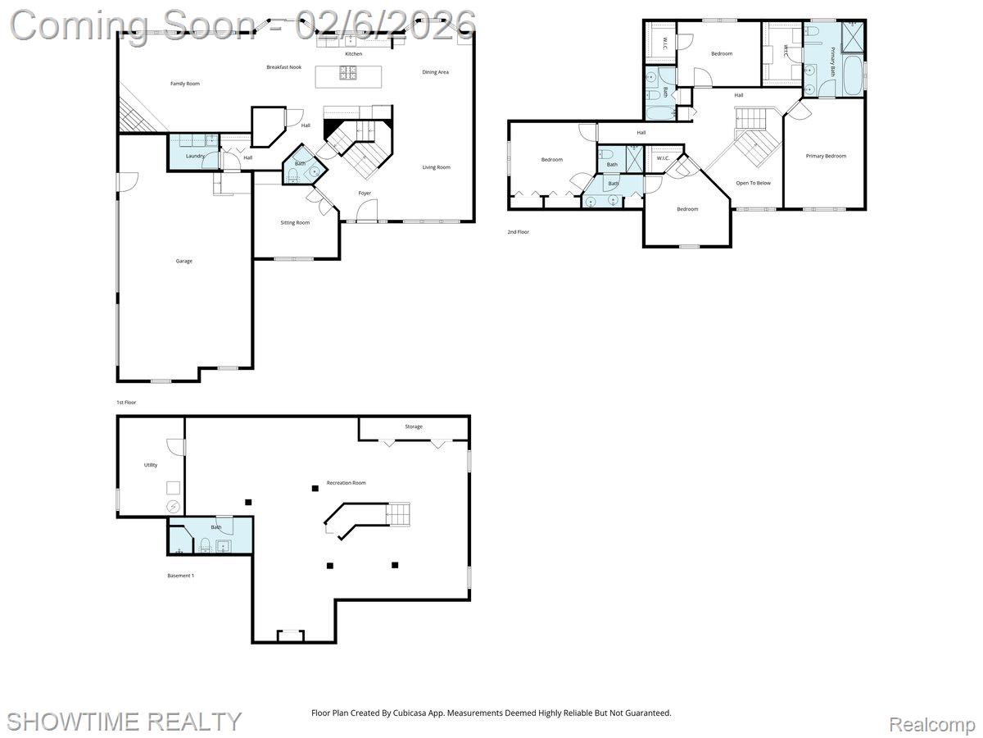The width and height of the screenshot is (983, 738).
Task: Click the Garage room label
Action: [184, 261]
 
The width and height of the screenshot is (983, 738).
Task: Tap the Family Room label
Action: [185, 84]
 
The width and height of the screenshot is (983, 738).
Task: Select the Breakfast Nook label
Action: [283, 67]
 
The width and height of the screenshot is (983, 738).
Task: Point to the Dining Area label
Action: [435, 72]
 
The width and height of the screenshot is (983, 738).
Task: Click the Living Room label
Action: [436, 167]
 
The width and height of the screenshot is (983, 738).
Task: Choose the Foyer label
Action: [365, 194]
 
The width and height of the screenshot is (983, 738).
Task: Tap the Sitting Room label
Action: [295, 222]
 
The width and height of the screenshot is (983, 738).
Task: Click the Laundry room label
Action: [195, 156]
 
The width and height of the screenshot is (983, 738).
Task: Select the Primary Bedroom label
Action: [826, 156]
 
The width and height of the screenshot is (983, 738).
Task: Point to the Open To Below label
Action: [753, 183]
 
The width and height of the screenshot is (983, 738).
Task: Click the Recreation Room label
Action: [346, 483]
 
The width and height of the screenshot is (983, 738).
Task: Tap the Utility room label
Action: [151, 465]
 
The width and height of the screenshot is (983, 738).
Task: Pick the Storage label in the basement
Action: [414, 426]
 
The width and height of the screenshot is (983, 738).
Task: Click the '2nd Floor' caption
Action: [518, 232]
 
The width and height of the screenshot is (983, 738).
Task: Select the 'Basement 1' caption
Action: [180, 576]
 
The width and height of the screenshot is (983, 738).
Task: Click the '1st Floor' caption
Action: [126, 403]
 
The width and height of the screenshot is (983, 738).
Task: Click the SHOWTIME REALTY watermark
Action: [125, 721]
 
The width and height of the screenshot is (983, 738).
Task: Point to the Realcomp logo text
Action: [931, 724]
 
